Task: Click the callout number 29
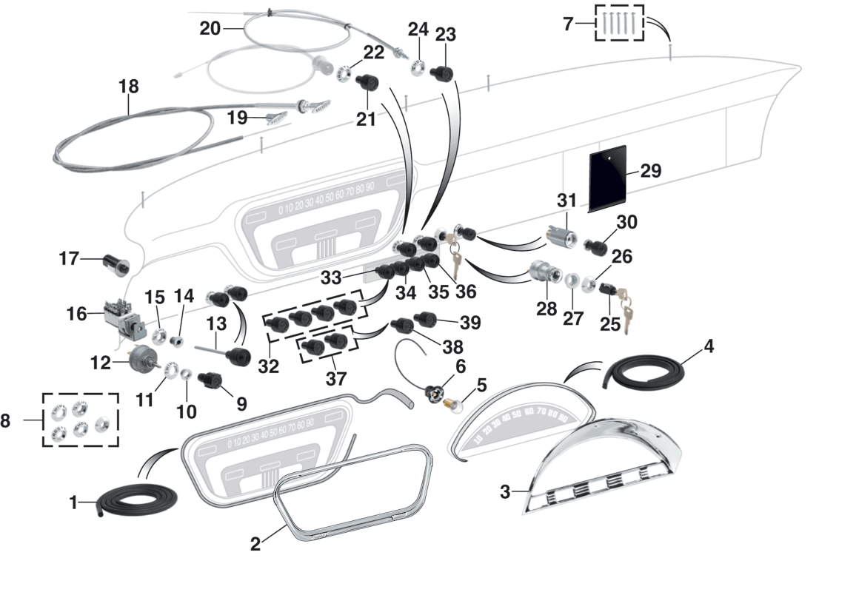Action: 650,171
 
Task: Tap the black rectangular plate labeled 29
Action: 607,179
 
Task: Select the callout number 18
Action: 128,87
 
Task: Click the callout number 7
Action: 568,24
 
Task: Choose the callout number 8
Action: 6,421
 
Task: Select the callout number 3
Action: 505,491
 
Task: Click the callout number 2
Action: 255,544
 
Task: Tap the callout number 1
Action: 73,503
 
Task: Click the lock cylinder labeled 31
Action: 561,236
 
